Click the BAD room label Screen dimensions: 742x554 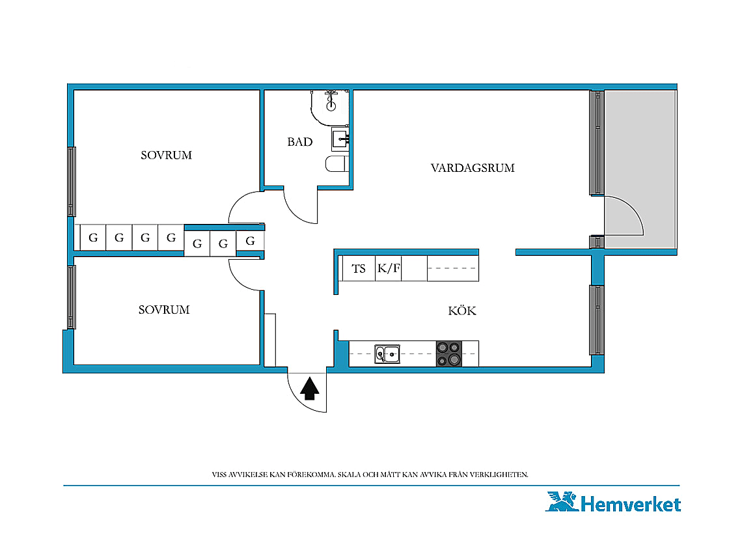[300, 141]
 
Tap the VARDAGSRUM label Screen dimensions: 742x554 [473, 167]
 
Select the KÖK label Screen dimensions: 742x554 [462, 311]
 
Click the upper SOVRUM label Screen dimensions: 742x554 [166, 155]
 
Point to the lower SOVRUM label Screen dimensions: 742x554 [164, 310]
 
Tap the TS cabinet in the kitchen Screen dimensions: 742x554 [359, 268]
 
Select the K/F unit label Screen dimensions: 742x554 [389, 268]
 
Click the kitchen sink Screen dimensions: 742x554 [387, 354]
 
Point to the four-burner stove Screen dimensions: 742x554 [448, 353]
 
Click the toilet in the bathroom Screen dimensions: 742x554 [337, 164]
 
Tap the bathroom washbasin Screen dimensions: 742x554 [340, 139]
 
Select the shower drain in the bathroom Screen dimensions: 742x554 [331, 105]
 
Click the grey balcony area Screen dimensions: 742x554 [640, 169]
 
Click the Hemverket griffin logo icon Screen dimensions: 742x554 [562, 501]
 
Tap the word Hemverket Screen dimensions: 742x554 [631, 504]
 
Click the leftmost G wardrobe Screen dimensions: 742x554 [92, 238]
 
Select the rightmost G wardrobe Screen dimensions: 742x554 [250, 241]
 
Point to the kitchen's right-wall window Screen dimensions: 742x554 [597, 320]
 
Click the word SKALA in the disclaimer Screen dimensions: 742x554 [348, 475]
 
